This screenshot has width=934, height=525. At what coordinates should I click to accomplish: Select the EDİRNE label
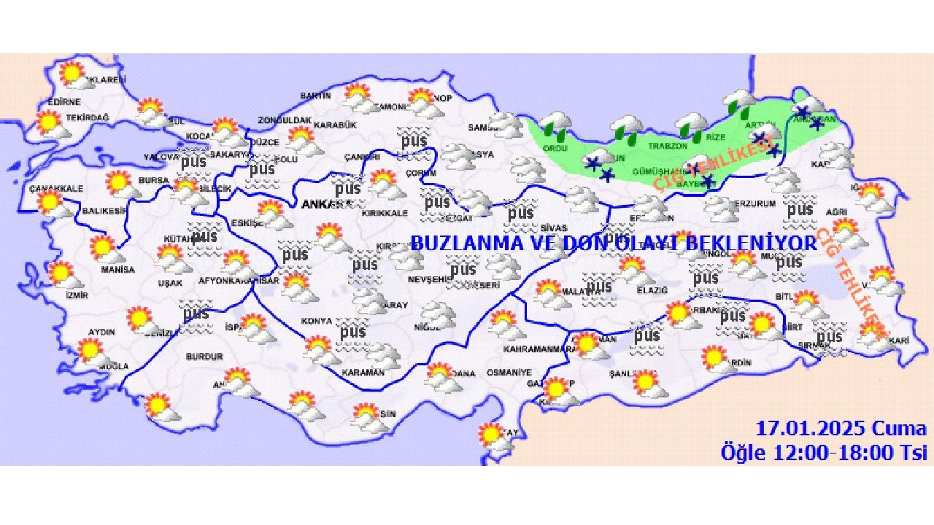43,102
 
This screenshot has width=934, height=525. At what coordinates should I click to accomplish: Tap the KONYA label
317,321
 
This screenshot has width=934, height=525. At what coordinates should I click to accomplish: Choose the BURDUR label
204,357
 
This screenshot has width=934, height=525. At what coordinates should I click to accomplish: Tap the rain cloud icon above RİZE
691,126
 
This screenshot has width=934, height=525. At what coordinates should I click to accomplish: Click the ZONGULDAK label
285,120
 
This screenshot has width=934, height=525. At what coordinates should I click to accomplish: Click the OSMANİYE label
509,373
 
